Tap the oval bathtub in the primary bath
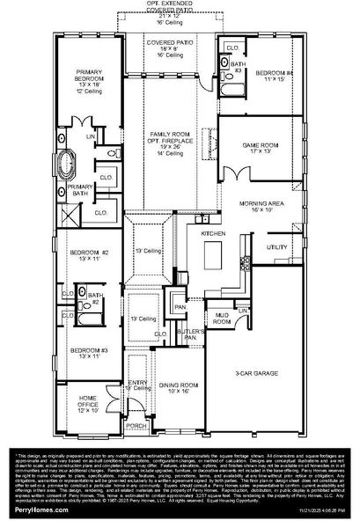click(68, 164)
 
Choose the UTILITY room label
click(276, 248)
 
